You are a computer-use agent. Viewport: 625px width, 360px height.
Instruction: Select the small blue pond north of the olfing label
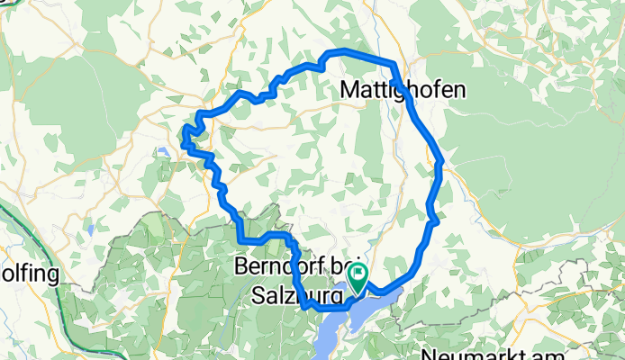pos(91,229)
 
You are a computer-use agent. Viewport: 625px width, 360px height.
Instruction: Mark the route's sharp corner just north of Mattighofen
pos(394,63)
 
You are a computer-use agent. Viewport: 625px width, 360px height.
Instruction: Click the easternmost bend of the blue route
pos(441,164)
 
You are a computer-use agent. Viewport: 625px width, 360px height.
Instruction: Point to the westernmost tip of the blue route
pos(183,137)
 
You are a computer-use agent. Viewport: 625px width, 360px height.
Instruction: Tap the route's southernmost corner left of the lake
pos(307,307)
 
